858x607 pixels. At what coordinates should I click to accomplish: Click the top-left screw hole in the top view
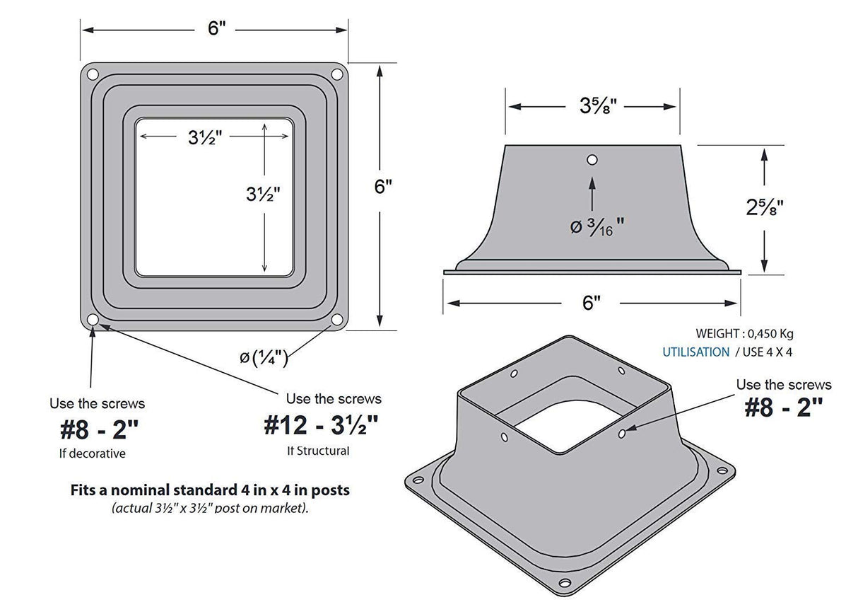pos(92,74)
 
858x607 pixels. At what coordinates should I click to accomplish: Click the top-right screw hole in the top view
pos(337,74)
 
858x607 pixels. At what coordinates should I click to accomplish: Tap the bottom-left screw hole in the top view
pos(92,320)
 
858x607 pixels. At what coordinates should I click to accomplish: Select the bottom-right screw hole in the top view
pos(337,320)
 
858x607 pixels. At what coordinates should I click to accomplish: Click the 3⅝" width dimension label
pos(599,106)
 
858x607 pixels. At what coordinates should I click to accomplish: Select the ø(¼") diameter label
pos(263,359)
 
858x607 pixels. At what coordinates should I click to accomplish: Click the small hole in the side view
pos(592,160)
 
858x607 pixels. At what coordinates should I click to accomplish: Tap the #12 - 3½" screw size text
pos(322,426)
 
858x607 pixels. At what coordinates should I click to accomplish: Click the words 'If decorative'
pos(92,453)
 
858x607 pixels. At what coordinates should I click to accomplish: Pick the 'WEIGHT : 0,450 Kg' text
pos(749,334)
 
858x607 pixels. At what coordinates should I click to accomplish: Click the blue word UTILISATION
pos(695,352)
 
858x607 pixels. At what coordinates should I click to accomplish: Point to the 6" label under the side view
pos(592,303)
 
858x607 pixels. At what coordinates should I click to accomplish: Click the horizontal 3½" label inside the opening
pos(206,139)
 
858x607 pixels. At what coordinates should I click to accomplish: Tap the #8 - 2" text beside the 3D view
pos(784,408)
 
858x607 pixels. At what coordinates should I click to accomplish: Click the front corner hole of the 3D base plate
pos(564,583)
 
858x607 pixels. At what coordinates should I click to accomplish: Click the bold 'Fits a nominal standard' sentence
pos(210,490)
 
